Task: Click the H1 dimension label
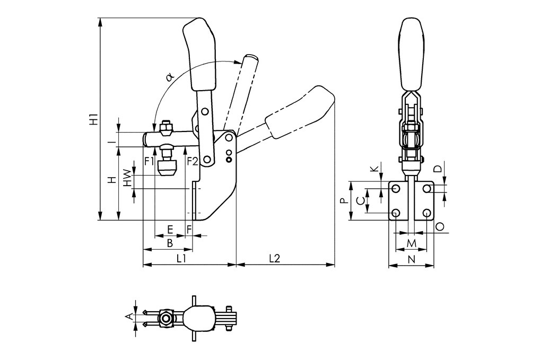click(94, 119)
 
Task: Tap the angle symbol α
click(170, 77)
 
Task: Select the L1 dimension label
click(181, 258)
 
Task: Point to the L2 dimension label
click(274, 258)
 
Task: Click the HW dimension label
click(127, 178)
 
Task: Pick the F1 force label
click(149, 161)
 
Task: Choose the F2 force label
click(191, 161)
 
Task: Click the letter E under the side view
click(170, 229)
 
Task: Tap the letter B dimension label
click(170, 243)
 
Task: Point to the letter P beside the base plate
click(344, 201)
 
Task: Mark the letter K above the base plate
click(375, 169)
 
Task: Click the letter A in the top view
click(127, 317)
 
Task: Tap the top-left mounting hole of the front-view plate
click(396, 189)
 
